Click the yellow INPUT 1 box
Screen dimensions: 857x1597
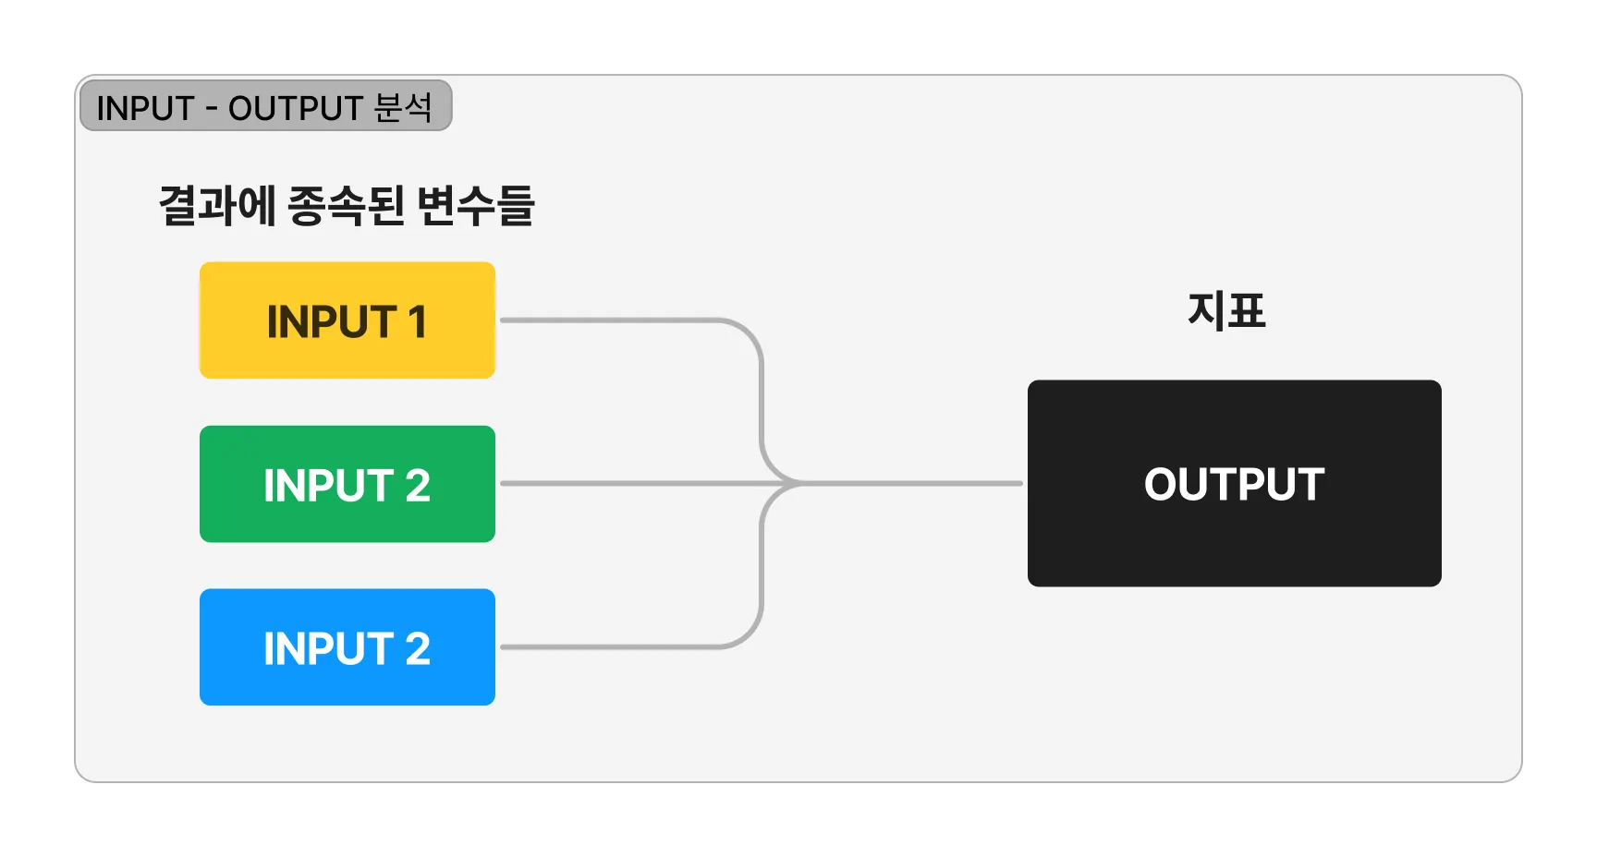pyautogui.click(x=347, y=320)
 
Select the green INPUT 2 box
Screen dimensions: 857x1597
pyautogui.click(x=347, y=484)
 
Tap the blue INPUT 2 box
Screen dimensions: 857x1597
pyautogui.click(x=347, y=646)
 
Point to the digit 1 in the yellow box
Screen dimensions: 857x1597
pyautogui.click(x=417, y=322)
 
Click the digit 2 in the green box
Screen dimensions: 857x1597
pyautogui.click(x=418, y=486)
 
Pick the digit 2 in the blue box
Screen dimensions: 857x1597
pyautogui.click(x=418, y=648)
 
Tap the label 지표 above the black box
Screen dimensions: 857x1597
pyautogui.click(x=1226, y=310)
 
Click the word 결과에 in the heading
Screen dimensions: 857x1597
pyautogui.click(x=217, y=205)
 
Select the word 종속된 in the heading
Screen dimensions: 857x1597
pyautogui.click(x=347, y=205)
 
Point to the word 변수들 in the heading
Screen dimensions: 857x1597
pyautogui.click(x=475, y=205)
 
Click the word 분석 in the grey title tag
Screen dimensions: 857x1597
pyautogui.click(x=403, y=107)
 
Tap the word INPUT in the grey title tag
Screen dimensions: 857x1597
pyautogui.click(x=145, y=108)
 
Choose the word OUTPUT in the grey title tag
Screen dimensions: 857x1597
pyautogui.click(x=295, y=108)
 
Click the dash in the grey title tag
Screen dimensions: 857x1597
pyautogui.click(x=212, y=109)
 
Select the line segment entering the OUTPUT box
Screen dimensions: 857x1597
pyautogui.click(x=915, y=483)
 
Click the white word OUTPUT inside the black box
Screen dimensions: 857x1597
pyautogui.click(x=1234, y=484)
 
